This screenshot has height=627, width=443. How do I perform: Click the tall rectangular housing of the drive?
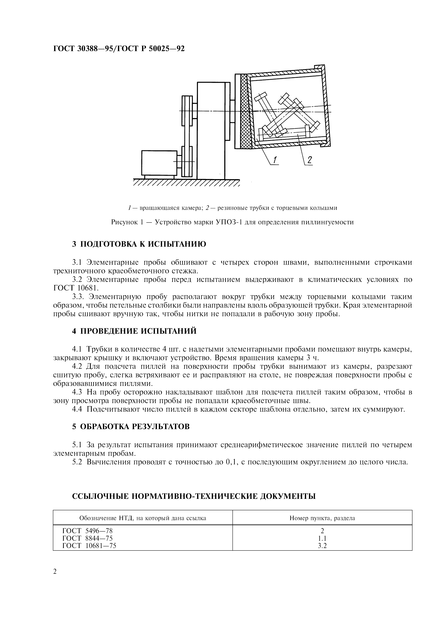211,130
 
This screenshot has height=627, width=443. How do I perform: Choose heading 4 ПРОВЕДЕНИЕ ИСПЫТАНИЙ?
134,331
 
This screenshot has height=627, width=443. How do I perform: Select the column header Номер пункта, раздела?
322,518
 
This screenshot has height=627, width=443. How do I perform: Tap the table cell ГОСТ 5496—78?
87,531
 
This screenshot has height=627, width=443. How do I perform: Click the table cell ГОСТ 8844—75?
87,538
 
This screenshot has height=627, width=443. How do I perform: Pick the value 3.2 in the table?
322,546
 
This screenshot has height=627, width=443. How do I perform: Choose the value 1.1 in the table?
322,538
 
